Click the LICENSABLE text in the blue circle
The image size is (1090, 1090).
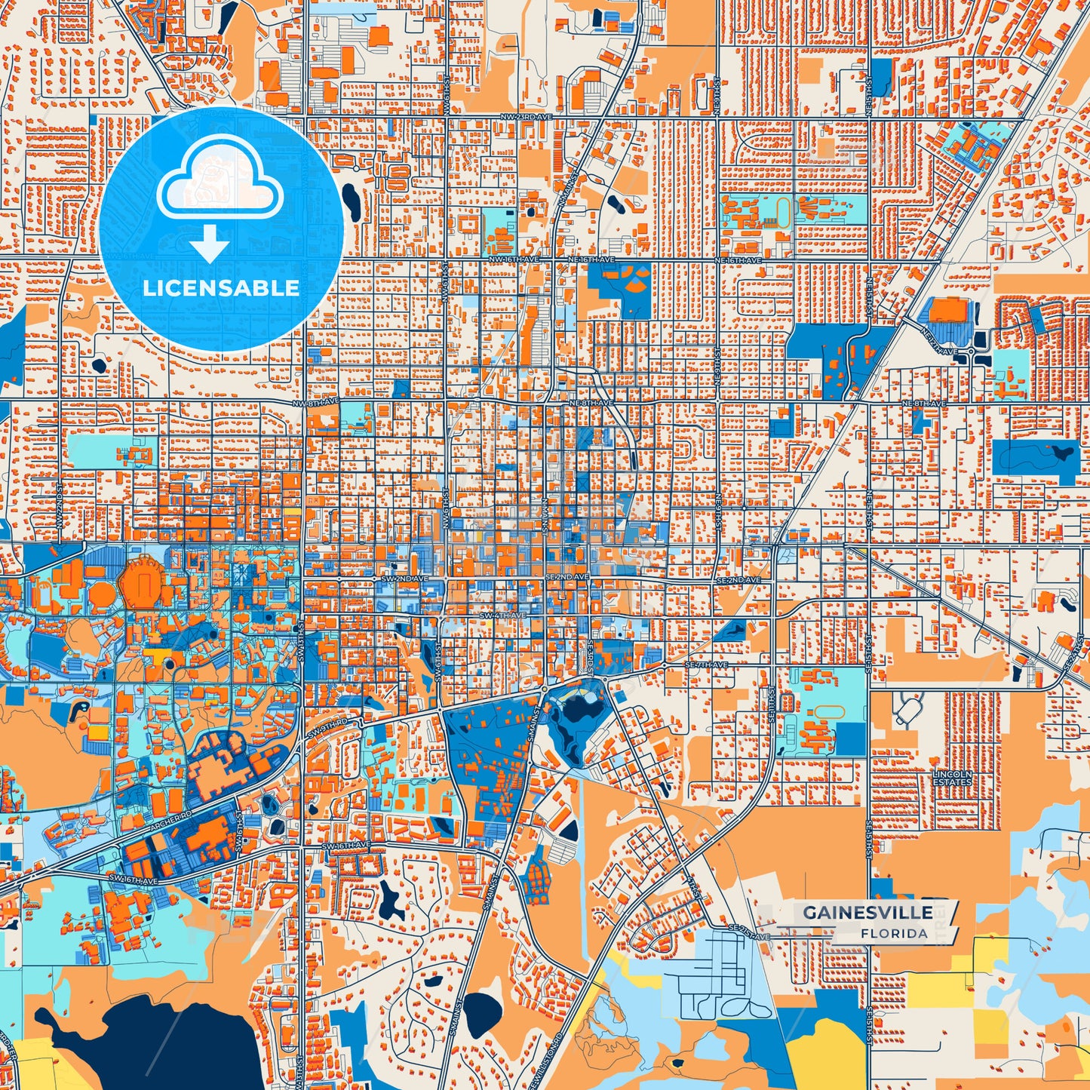click(221, 288)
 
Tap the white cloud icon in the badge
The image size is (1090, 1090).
click(220, 182)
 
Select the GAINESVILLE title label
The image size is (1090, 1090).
click(867, 912)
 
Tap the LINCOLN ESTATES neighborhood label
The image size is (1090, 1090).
click(952, 778)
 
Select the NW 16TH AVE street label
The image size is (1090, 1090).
click(514, 259)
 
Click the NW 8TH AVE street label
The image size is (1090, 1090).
click(316, 403)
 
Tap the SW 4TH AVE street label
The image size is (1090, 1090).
click(502, 616)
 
